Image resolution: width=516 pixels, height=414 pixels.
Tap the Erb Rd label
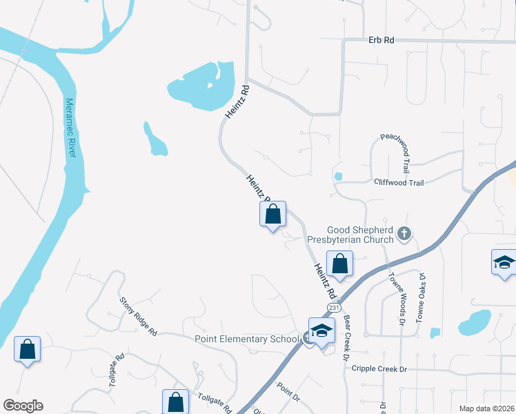(381, 41)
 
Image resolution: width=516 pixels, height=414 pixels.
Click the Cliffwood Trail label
(399, 183)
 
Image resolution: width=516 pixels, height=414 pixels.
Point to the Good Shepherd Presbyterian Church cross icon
(404, 235)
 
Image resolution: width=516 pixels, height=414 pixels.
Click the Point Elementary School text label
(246, 339)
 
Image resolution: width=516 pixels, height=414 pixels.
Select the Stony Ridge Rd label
(138, 316)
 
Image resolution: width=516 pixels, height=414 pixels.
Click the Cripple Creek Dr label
(379, 369)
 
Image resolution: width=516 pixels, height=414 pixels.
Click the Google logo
(23, 406)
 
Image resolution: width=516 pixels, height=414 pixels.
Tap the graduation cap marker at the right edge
(504, 264)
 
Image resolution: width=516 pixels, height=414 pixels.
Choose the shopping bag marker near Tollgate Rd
(175, 402)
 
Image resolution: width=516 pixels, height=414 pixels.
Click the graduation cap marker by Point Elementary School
(321, 331)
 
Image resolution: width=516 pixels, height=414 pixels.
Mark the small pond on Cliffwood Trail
(338, 176)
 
